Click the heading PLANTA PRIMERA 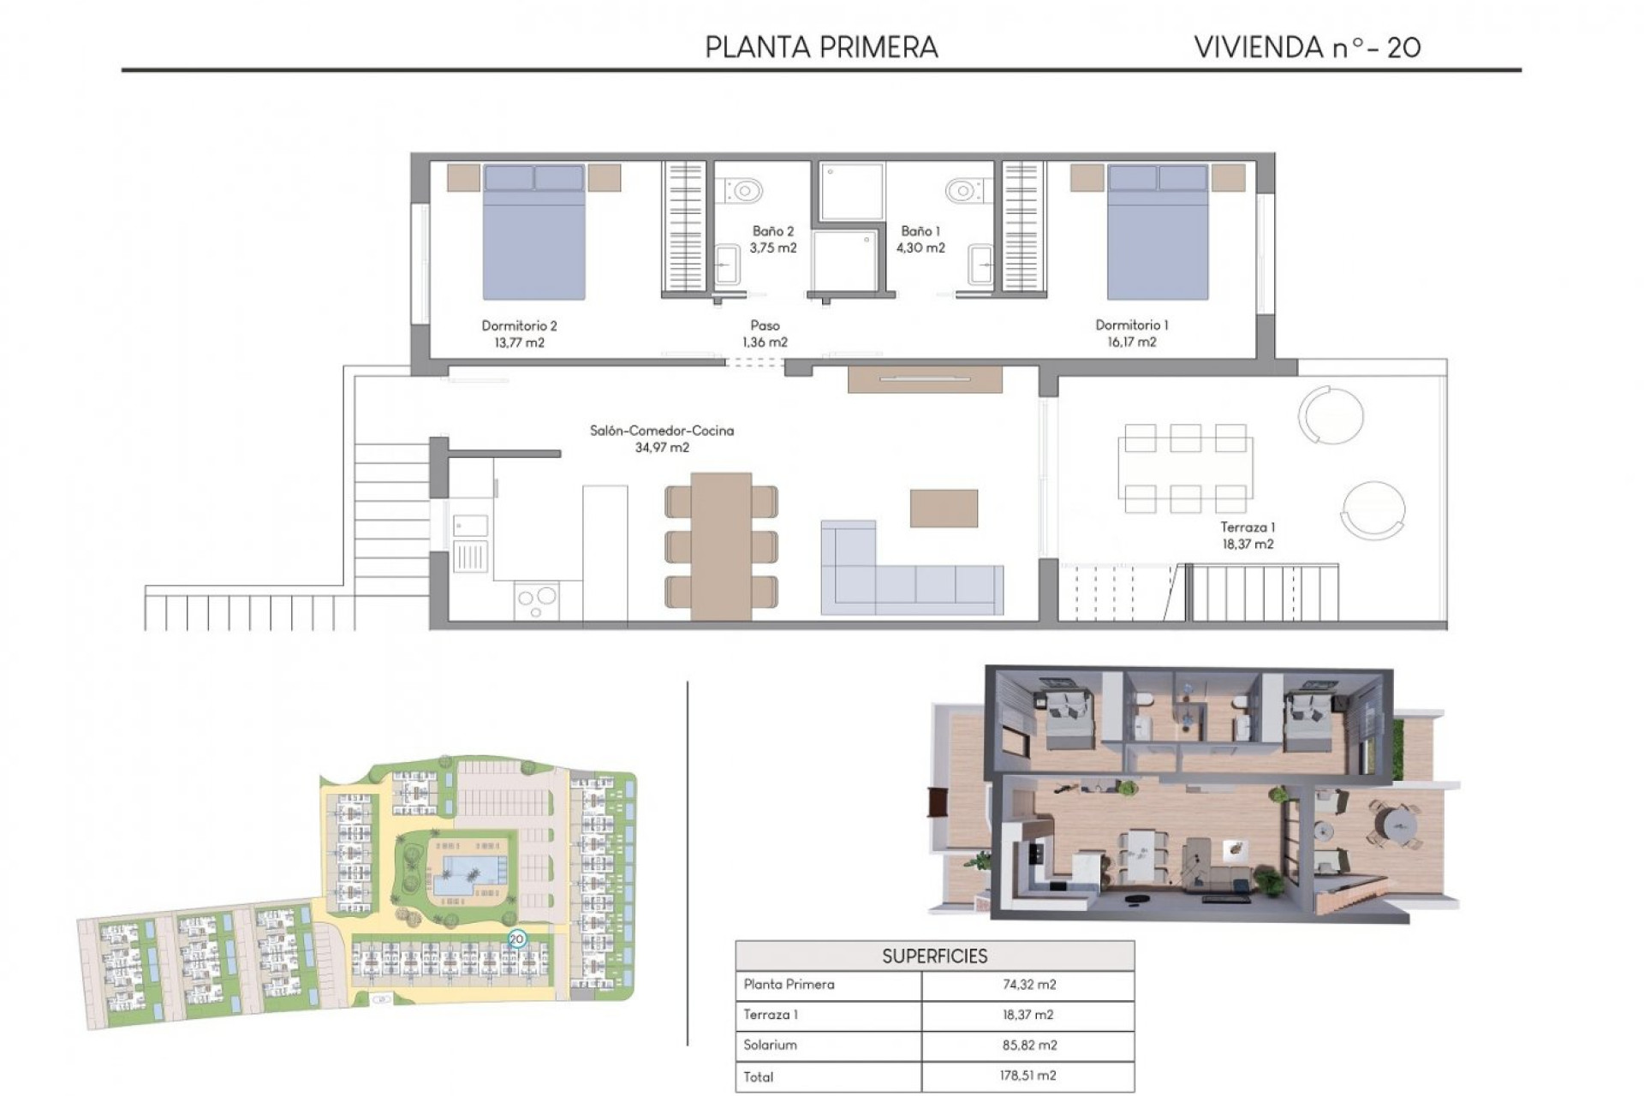tap(821, 47)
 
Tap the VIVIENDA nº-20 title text tap(1307, 47)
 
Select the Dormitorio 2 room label tap(519, 325)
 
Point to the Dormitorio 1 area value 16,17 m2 tap(1131, 342)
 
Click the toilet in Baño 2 tap(742, 188)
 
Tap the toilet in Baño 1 tap(964, 188)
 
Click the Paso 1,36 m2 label tap(765, 334)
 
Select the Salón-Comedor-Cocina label tap(661, 431)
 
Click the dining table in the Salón tap(721, 545)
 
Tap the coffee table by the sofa tap(944, 508)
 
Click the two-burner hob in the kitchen tap(537, 599)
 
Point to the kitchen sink tap(470, 525)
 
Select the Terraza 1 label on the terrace tap(1247, 527)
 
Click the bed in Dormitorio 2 tap(533, 233)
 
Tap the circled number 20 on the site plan tap(516, 938)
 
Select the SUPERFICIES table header tap(934, 956)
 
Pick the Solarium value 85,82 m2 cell tap(1028, 1045)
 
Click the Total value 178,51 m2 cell tap(1028, 1076)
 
